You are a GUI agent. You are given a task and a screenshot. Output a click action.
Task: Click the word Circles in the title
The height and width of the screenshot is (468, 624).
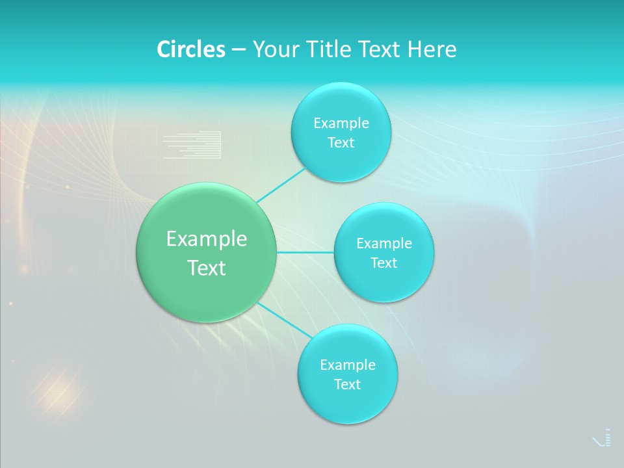pos(190,49)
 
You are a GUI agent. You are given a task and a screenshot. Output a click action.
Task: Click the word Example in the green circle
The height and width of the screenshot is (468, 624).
pos(207,239)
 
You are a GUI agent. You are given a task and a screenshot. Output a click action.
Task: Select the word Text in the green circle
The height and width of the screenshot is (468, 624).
pos(207,268)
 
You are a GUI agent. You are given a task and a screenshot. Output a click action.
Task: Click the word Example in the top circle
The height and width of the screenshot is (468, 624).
pos(341,123)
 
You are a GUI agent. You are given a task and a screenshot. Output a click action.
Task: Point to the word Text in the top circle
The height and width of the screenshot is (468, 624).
pos(341,143)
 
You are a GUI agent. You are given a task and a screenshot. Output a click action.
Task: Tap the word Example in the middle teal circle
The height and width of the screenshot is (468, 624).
pos(384,244)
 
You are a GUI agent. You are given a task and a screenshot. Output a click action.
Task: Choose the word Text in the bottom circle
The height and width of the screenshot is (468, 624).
pos(348,385)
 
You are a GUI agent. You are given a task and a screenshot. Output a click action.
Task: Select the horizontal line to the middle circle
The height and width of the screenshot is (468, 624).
pos(305,252)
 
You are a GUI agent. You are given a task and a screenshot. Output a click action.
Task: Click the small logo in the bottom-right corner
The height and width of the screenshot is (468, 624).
pos(603,438)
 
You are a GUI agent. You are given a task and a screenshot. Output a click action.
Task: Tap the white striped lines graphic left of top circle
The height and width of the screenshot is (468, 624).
pos(192,145)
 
